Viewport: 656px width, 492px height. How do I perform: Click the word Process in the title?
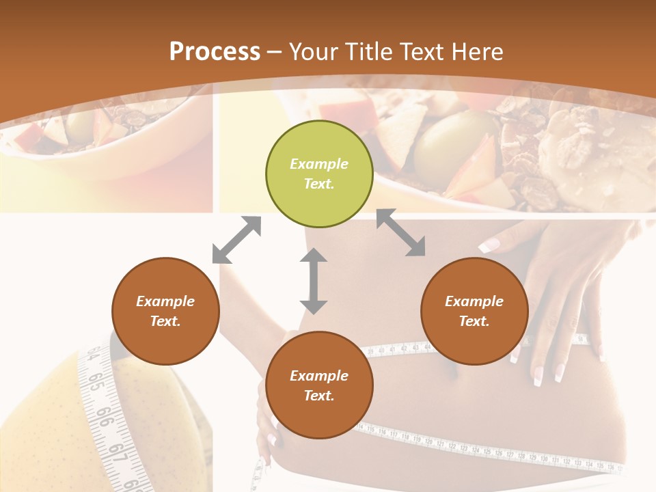click(x=215, y=52)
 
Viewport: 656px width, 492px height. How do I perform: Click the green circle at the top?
click(x=319, y=174)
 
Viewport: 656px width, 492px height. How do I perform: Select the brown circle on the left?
click(x=165, y=312)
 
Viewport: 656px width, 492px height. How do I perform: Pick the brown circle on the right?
click(x=474, y=312)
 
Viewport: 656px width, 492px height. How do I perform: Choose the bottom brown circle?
click(x=319, y=385)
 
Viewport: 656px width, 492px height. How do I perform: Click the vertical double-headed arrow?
click(x=314, y=281)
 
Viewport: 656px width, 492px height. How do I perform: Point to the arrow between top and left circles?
click(x=236, y=240)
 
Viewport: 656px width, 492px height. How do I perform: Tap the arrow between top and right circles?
click(x=401, y=232)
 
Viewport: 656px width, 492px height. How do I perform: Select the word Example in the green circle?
click(x=319, y=164)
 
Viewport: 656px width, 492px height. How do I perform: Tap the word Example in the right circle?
click(x=474, y=301)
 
